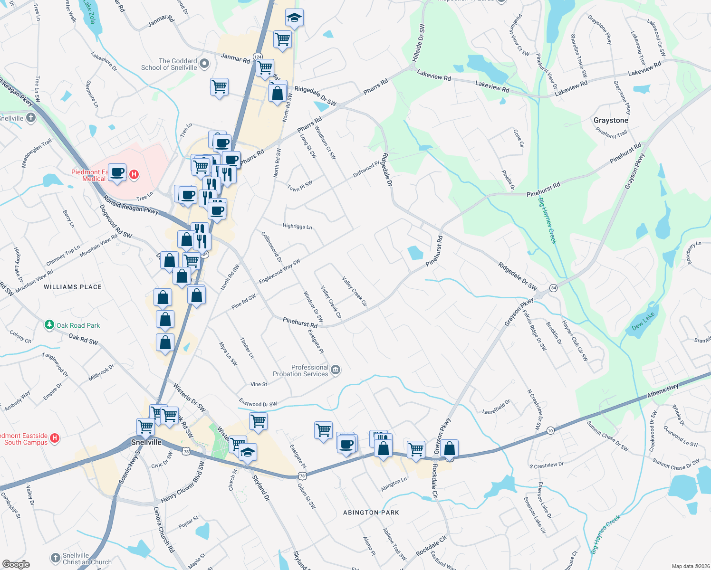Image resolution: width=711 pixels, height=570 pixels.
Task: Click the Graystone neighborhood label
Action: (611, 120)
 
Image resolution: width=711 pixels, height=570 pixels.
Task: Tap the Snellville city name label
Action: (146, 442)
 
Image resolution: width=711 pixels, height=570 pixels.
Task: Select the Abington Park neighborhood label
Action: (371, 513)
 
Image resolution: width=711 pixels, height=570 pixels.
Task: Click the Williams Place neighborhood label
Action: (73, 287)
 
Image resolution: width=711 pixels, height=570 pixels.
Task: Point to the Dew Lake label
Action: (644, 321)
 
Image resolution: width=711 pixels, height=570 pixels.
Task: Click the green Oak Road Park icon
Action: (49, 325)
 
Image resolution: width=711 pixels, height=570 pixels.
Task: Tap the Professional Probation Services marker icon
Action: (336, 370)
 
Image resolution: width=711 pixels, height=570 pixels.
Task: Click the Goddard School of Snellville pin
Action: (204, 63)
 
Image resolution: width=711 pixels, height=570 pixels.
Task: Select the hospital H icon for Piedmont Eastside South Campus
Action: (55, 438)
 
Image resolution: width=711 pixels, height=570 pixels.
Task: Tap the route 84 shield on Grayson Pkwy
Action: (553, 288)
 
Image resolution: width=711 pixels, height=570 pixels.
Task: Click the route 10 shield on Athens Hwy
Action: (550, 431)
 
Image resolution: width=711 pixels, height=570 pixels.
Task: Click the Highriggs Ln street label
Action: (297, 226)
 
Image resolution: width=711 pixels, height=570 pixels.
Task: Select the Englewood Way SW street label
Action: (279, 271)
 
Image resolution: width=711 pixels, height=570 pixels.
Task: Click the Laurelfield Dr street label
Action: (496, 407)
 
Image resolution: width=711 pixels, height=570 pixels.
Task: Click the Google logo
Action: (16, 564)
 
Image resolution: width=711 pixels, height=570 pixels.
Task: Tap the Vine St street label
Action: (259, 384)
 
